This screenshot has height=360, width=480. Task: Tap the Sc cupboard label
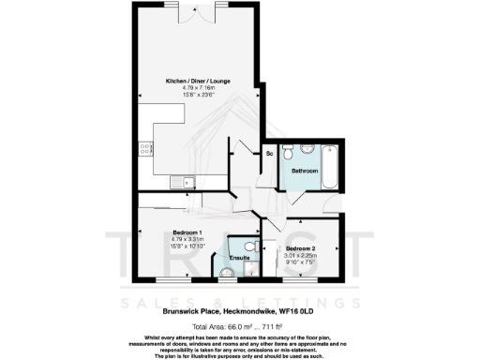(269, 152)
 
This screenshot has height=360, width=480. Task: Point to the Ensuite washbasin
(225, 273)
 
